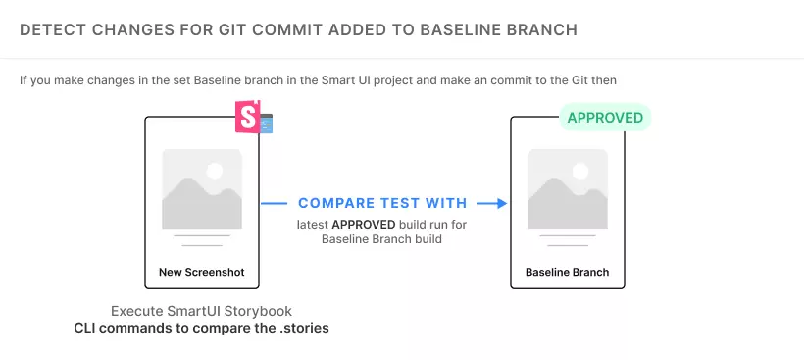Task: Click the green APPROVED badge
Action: click(x=605, y=118)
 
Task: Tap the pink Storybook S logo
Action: click(x=248, y=117)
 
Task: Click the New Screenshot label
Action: click(x=202, y=272)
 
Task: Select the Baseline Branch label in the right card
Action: click(x=567, y=272)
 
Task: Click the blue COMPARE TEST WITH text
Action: click(x=382, y=203)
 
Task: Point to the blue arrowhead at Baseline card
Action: click(x=501, y=203)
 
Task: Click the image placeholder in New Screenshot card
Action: click(x=202, y=188)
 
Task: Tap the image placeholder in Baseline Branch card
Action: click(x=568, y=188)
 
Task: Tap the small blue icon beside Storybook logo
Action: click(x=267, y=124)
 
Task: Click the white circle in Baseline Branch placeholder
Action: click(x=580, y=171)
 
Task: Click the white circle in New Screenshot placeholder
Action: click(x=215, y=171)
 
